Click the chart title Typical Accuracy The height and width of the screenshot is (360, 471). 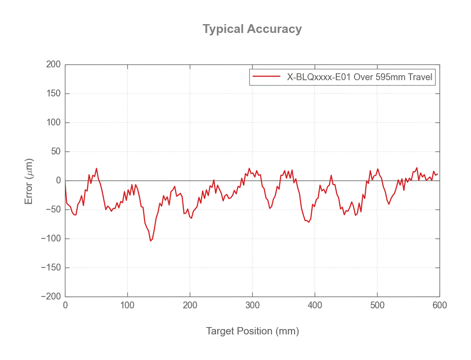coord(252,29)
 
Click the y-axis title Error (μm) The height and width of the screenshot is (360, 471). coord(29,181)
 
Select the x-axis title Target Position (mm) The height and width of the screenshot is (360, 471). coord(252,331)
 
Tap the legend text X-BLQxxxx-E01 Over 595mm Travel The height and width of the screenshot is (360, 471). coord(359,77)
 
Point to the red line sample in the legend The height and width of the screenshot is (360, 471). coord(266,77)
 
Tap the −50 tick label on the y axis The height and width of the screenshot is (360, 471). coord(52,210)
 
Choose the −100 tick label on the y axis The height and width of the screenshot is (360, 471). coord(50,239)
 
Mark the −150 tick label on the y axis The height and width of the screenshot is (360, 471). coord(50,268)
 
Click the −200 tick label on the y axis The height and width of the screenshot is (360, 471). coord(50,297)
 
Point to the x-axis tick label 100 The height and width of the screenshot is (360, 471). coord(127,305)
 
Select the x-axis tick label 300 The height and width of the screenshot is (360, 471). coord(252,305)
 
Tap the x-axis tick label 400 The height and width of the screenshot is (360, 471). coord(315,305)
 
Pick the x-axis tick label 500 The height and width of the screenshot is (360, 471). coord(377,305)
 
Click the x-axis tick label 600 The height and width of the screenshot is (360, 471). coord(439,305)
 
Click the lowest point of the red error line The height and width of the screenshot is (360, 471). coord(150,240)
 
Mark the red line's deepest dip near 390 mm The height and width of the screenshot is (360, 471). coord(308,222)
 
